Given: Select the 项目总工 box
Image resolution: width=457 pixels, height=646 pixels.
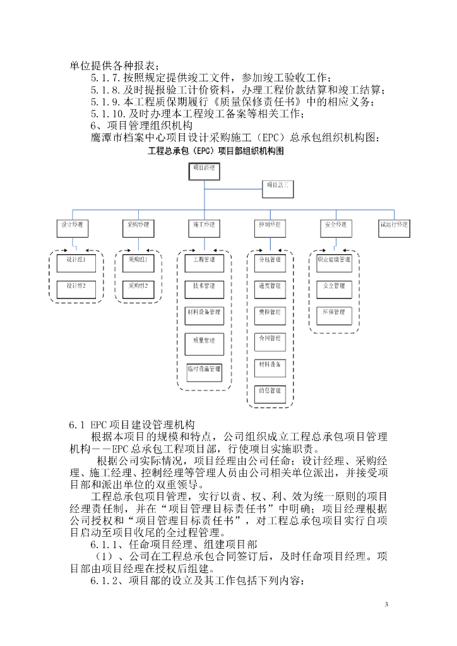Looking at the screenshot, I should point(278,185).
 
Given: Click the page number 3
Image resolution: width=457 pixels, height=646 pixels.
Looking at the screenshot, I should point(386,605).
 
